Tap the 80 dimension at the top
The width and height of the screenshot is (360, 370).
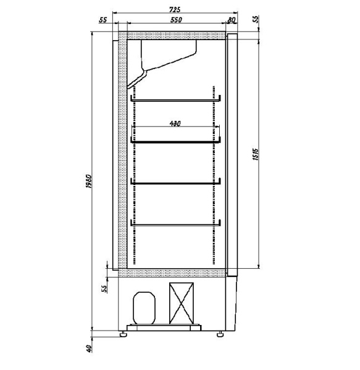tap(232, 20)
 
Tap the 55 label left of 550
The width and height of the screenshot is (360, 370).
tap(103, 20)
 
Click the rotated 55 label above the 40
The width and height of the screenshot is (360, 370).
tap(104, 287)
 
